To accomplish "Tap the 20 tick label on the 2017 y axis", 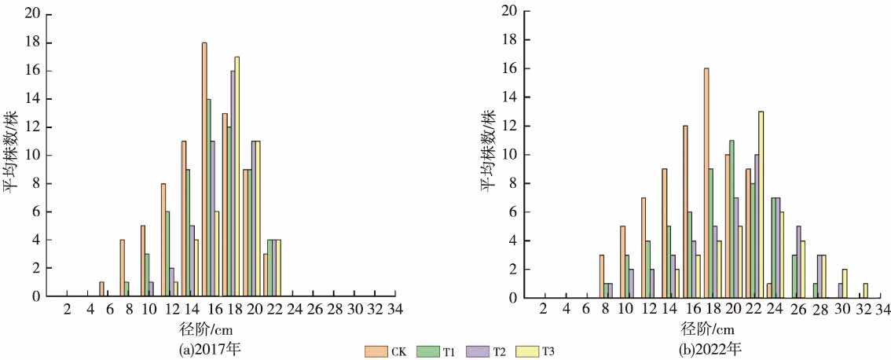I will pos(32,13).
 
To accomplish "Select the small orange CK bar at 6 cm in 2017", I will pos(101,289).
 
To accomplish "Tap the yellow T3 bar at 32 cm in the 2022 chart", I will pos(865,290).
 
